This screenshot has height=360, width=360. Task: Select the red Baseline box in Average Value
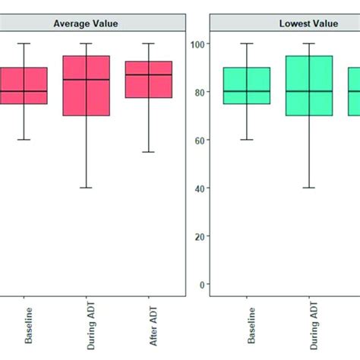tap(24, 85)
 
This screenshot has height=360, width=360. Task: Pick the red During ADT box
tap(86, 85)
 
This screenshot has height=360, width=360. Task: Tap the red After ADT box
tap(148, 79)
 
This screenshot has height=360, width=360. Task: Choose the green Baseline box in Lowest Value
tap(247, 85)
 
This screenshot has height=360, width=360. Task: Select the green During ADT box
tap(309, 85)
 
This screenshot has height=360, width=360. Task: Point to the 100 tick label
tap(197, 44)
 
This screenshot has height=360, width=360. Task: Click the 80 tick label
tap(199, 92)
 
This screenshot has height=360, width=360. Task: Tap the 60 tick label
tap(199, 141)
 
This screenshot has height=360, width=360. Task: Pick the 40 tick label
tap(199, 188)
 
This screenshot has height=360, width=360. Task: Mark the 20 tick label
tap(199, 236)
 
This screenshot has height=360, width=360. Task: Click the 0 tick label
tap(201, 285)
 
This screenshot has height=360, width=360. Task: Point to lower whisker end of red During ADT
tap(86, 188)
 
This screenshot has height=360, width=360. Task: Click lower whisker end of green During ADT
tap(309, 188)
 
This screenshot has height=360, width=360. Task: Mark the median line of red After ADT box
tap(148, 74)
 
